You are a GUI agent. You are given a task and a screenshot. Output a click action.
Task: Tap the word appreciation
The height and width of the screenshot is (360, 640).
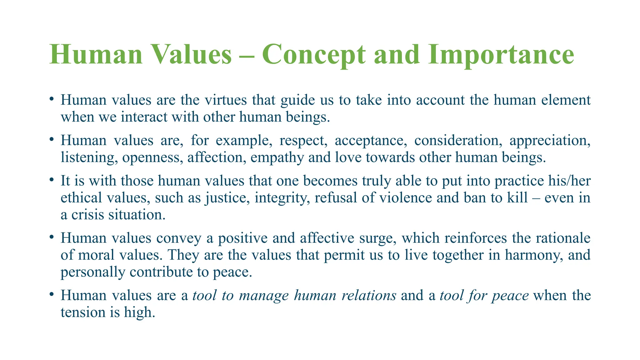pos(550,141)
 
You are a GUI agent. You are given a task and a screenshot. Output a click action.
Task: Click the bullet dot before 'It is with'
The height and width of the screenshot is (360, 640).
pos(52,180)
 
